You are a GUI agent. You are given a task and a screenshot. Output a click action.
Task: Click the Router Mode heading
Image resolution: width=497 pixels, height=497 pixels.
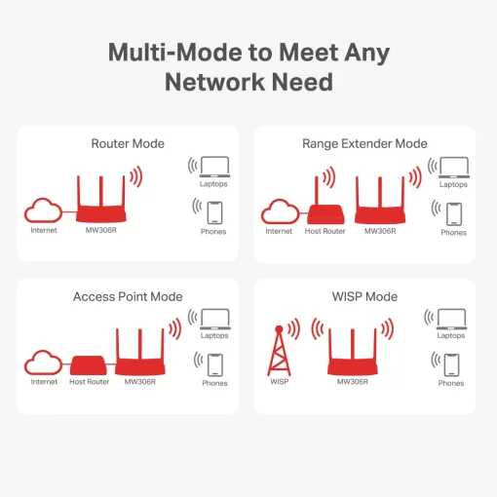click(128, 143)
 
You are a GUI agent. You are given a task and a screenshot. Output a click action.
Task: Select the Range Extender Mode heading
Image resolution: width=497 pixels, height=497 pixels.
click(364, 143)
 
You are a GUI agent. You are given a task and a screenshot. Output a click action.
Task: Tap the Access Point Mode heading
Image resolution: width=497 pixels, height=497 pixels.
click(128, 296)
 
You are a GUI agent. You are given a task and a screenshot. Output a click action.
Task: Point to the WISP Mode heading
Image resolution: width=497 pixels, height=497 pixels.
click(365, 296)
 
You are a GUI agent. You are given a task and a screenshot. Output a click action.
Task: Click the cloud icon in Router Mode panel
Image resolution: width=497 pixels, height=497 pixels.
click(44, 210)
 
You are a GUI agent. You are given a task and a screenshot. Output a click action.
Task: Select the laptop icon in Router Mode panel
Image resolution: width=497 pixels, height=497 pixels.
click(213, 167)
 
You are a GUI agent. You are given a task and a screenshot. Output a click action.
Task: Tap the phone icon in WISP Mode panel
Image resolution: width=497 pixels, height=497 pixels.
click(451, 364)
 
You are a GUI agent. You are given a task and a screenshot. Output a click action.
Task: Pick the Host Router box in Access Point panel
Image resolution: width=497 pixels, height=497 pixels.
click(90, 365)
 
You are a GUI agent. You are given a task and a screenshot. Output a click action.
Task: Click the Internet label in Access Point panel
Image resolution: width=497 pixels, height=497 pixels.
click(44, 382)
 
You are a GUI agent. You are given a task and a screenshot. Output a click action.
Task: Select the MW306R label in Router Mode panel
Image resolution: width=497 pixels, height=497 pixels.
click(101, 231)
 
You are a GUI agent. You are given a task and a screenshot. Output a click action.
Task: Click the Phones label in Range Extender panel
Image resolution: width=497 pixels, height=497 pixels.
click(453, 233)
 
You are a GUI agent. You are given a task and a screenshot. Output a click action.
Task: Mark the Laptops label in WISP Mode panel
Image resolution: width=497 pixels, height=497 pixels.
click(451, 335)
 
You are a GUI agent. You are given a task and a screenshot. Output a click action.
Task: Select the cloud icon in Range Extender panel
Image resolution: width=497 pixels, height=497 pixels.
click(279, 210)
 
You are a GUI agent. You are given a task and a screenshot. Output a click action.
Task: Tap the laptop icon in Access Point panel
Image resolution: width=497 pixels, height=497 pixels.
click(214, 318)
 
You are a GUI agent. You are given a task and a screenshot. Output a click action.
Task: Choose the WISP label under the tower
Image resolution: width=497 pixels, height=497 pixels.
click(280, 382)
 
